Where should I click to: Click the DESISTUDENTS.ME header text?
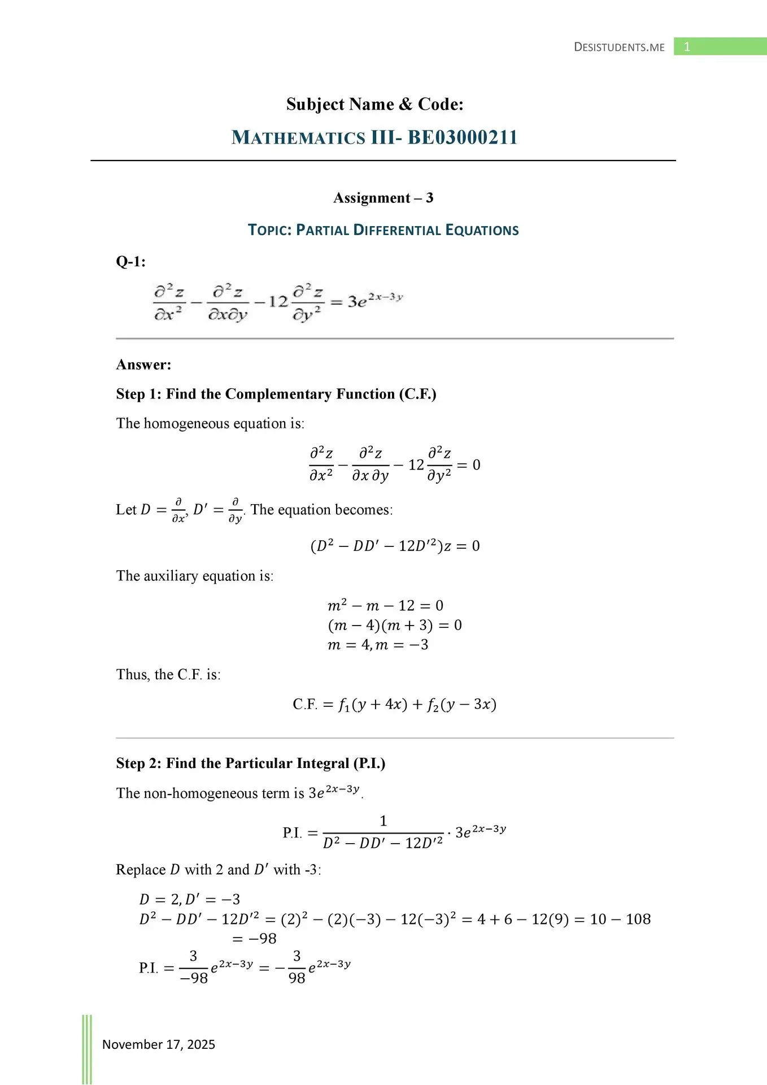coord(619,47)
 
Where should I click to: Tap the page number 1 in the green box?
coord(687,47)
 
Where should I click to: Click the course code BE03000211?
coord(463,137)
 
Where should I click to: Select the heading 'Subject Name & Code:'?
coord(374,104)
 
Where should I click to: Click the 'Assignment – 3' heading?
coord(383,198)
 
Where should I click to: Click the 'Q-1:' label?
coord(130,262)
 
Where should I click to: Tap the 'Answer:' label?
coord(143,364)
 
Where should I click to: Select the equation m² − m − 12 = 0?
coord(385,606)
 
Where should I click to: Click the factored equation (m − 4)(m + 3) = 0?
coord(394,625)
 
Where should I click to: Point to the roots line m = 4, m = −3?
coord(377,645)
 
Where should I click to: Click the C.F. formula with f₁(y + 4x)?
coord(394,705)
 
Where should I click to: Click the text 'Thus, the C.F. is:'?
coord(168,675)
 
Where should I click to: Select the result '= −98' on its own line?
coord(254,939)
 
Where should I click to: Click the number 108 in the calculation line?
coord(638,919)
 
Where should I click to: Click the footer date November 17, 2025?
coord(159,1044)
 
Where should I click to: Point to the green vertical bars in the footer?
coord(87,1049)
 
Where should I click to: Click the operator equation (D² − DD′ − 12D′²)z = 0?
coord(395,546)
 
